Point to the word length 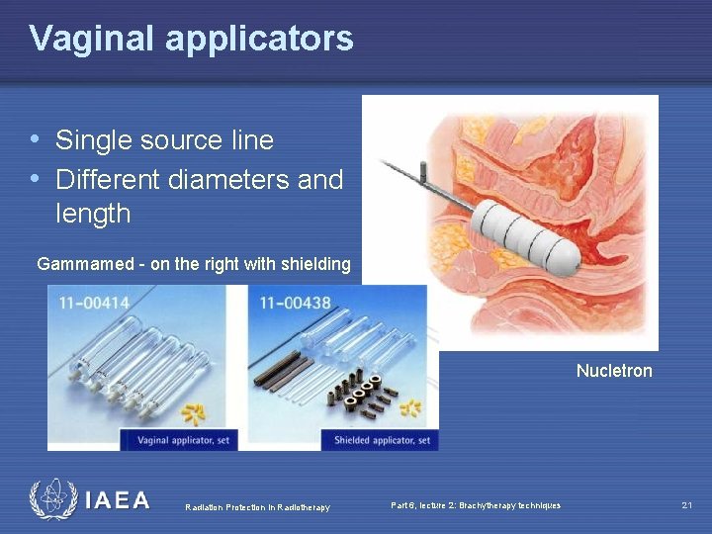93,214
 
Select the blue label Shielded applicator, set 382,440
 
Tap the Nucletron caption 614,372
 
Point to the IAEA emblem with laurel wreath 52,500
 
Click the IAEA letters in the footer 117,500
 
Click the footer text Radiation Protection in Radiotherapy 257,507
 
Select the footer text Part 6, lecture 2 475,505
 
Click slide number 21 686,505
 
